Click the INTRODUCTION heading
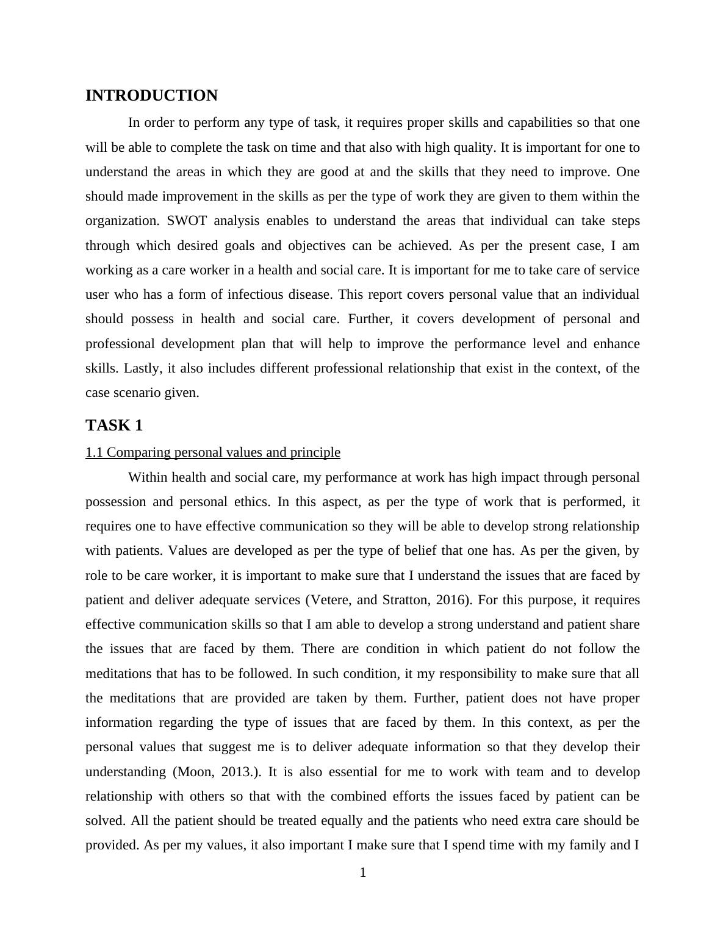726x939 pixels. [151, 96]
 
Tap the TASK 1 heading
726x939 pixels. [114, 425]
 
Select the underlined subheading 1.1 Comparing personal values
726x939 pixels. [213, 452]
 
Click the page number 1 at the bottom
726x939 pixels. [363, 873]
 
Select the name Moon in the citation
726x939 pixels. [195, 772]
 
